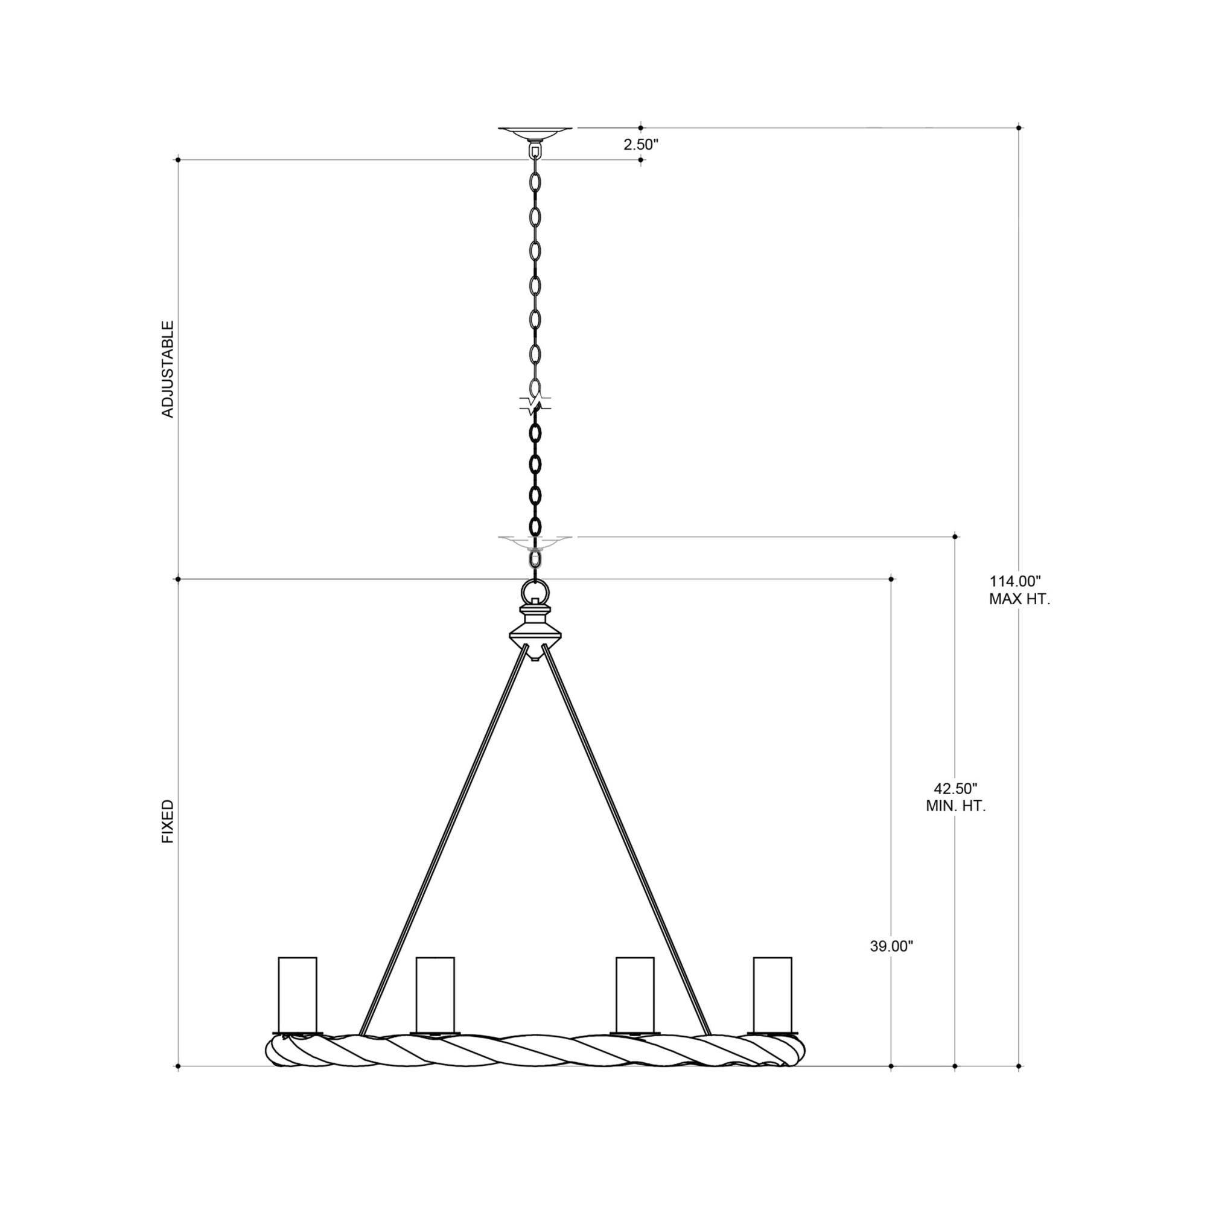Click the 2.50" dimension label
click(x=641, y=144)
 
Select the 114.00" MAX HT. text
click(x=1019, y=590)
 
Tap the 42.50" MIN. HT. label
click(x=955, y=797)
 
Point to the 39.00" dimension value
click(x=891, y=964)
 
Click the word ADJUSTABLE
click(x=167, y=369)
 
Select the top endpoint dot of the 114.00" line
click(x=1019, y=127)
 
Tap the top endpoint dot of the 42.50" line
click(x=955, y=536)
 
